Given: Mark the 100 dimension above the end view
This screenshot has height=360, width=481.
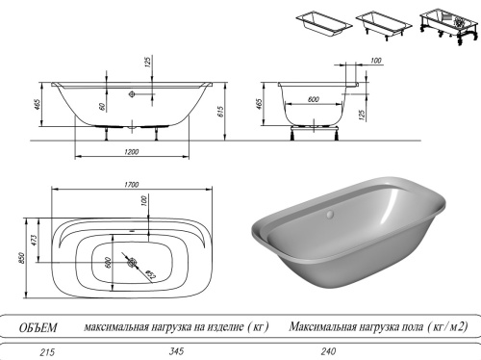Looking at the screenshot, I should coord(375,63).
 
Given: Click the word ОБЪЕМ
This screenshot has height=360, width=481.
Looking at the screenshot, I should coord(38,327).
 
